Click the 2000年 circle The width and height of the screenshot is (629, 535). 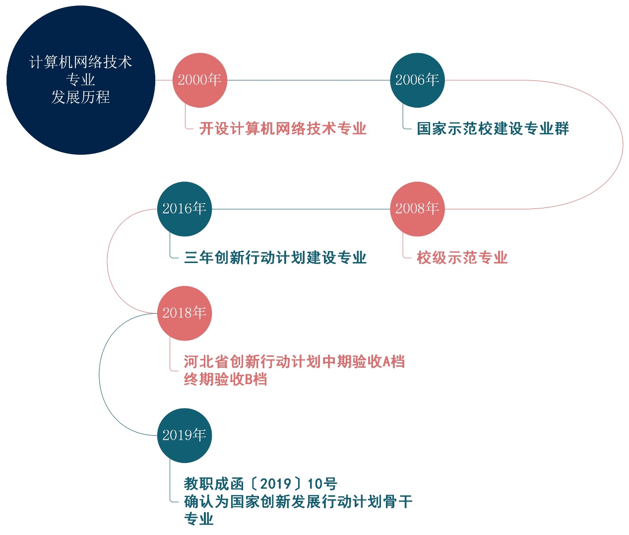(x=199, y=80)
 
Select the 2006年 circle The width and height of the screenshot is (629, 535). (x=417, y=80)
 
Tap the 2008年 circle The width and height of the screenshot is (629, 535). (x=417, y=209)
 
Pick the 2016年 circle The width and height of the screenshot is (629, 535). (x=184, y=209)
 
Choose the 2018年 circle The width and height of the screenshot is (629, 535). (x=184, y=313)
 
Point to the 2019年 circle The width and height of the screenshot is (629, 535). (x=184, y=435)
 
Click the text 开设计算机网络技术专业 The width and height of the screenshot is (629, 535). (x=283, y=129)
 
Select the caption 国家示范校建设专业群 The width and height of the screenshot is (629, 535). (x=493, y=129)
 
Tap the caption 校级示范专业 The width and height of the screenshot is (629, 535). (x=462, y=258)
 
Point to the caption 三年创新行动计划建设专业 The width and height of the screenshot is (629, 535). (x=275, y=258)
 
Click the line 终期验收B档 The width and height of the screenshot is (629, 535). (x=225, y=380)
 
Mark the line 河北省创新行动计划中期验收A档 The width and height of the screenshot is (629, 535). (x=294, y=362)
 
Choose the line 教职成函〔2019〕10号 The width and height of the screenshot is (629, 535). (x=260, y=484)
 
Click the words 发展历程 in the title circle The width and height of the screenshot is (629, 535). (x=80, y=97)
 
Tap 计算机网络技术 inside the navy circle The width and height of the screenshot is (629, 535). (x=80, y=62)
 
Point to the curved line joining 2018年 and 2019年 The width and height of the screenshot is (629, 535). (x=100, y=375)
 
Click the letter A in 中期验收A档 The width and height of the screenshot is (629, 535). (x=386, y=362)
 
